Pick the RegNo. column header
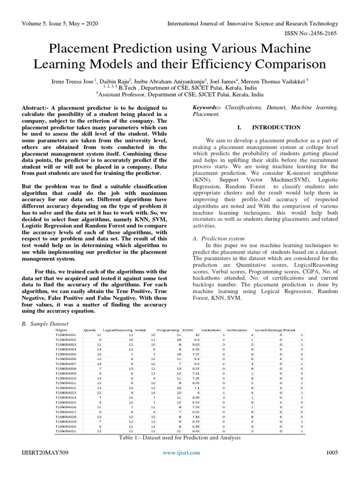pyautogui.click(x=62, y=330)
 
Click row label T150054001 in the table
pyautogui.click(x=66, y=335)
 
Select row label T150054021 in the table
pyautogui.click(x=66, y=431)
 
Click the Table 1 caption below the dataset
pyautogui.click(x=180, y=438)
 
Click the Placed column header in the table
pyautogui.click(x=289, y=330)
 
